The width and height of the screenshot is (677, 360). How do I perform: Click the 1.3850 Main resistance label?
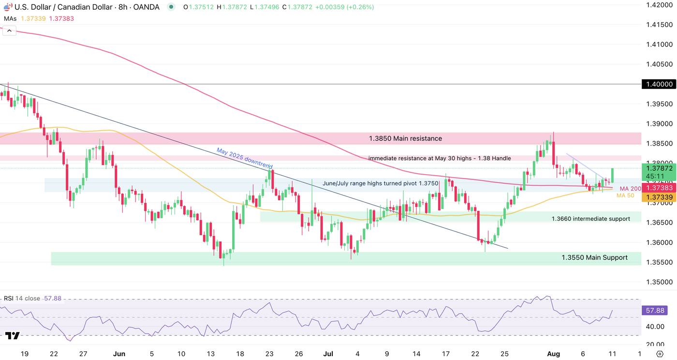coord(405,138)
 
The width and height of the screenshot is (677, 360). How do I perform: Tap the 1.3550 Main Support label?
coord(594,257)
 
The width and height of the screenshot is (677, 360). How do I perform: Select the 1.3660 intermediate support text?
coord(590,219)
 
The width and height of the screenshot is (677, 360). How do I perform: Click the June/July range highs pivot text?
coord(380,184)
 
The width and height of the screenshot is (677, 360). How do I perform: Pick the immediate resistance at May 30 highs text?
coord(440,158)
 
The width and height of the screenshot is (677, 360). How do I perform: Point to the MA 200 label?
coord(630,188)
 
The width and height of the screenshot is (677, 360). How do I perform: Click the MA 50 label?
coord(626,195)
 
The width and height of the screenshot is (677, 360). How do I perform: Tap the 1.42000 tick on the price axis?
coord(660,5)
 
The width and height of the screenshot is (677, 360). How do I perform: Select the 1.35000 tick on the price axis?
coord(660,282)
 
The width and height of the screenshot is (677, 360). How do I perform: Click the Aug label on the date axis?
coord(553,354)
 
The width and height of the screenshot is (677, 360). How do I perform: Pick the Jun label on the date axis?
coord(119,354)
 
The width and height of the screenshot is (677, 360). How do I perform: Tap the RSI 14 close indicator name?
coord(22,299)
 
